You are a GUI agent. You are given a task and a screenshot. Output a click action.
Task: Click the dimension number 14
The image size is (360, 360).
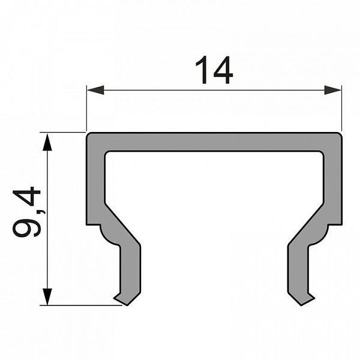214,70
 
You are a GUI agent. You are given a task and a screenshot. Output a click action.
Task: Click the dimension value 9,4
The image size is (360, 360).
27,212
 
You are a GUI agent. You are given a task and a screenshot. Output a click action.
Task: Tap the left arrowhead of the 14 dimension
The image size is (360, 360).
95,90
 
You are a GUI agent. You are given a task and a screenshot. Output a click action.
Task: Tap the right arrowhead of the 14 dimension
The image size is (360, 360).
332,90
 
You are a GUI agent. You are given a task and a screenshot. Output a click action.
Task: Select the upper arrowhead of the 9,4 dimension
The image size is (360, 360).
47,142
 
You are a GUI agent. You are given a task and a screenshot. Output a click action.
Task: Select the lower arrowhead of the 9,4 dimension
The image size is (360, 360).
47,296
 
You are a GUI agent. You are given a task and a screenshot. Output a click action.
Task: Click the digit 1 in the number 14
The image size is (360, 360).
202,70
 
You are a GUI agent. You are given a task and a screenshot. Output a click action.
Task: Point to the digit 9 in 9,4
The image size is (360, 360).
26,227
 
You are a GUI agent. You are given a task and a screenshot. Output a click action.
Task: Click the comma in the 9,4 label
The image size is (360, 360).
42,211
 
